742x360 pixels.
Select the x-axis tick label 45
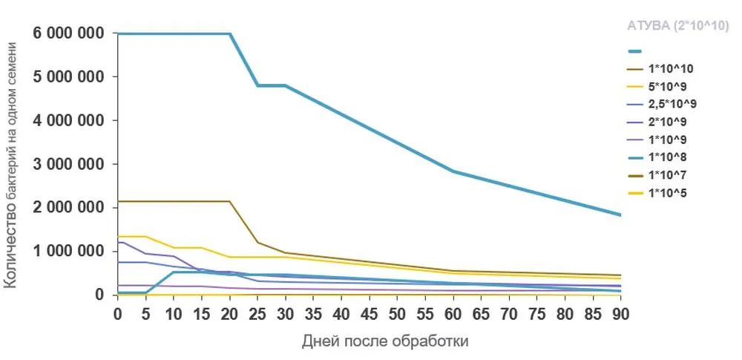tap(341, 313)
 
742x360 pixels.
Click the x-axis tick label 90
tap(620, 313)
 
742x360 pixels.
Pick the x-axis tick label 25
tap(257, 313)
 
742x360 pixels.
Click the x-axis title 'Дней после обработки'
tap(386, 341)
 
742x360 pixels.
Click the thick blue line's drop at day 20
tap(230, 34)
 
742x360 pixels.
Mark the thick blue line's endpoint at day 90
tap(620, 215)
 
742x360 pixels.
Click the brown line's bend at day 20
tap(230, 201)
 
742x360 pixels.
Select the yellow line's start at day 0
tap(119, 237)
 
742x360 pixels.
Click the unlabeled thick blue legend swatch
tap(635, 51)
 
